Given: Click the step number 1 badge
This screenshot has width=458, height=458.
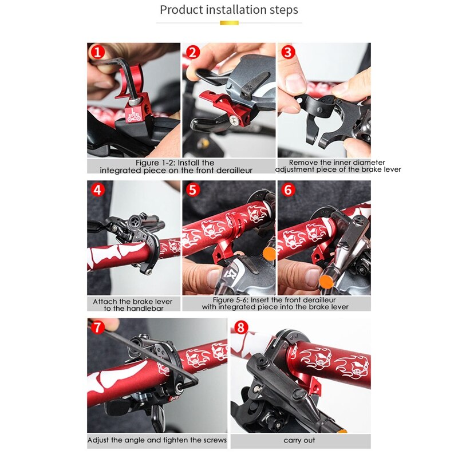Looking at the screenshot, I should [x=96, y=53].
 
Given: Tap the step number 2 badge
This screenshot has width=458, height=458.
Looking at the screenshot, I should [x=193, y=53].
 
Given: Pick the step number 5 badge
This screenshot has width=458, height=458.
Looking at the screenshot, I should [x=193, y=189].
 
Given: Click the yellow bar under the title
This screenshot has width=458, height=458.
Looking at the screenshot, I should [x=229, y=23].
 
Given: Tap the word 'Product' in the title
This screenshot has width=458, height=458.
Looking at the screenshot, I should [x=179, y=10].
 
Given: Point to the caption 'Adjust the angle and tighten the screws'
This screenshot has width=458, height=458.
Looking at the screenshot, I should [x=157, y=441].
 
